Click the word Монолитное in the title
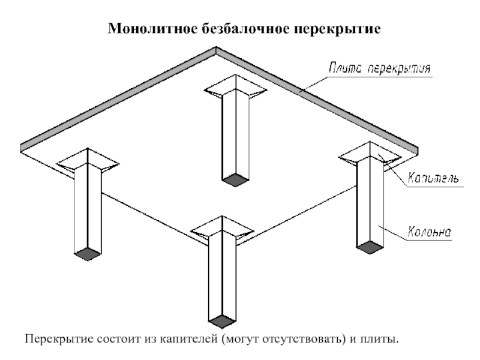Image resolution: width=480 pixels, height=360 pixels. [x=152, y=29]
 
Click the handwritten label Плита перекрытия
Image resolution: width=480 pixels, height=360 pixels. [x=380, y=68]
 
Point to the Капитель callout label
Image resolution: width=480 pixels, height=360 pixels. [x=433, y=178]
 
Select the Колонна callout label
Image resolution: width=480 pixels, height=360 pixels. [x=429, y=232]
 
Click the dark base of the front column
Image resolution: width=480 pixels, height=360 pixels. [x=222, y=321]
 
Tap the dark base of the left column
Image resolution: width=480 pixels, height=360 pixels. [x=88, y=254]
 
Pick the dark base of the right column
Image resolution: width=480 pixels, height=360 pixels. [x=370, y=247]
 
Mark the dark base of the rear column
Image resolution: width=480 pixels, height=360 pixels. [x=235, y=179]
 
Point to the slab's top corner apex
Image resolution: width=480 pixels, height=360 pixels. [x=216, y=47]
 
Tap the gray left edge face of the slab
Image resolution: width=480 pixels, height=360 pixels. [x=118, y=99]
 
